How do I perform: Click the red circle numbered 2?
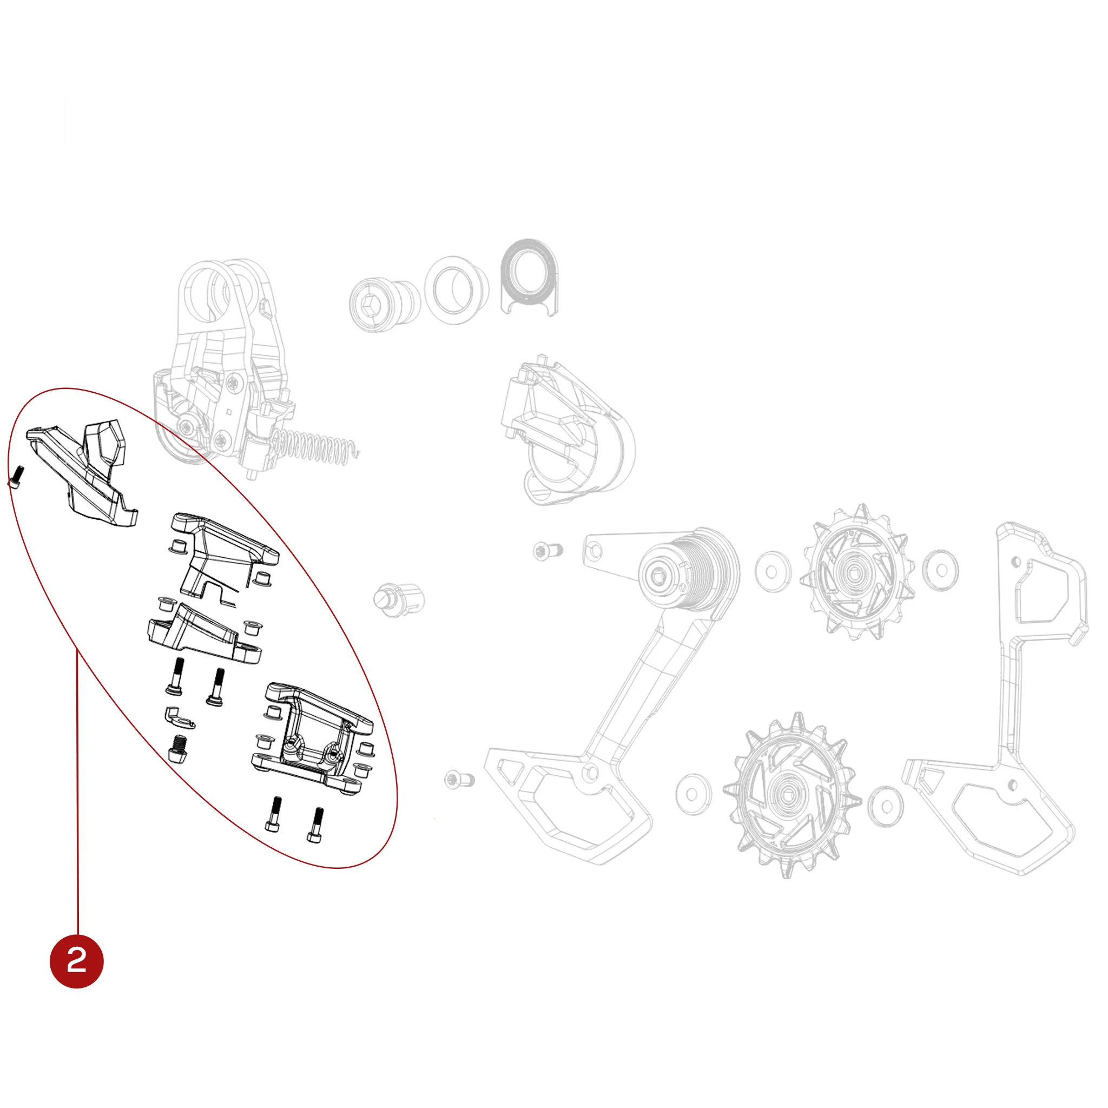pyautogui.click(x=77, y=961)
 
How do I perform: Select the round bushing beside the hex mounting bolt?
pyautogui.click(x=457, y=290)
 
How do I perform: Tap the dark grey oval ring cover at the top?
pyautogui.click(x=529, y=276)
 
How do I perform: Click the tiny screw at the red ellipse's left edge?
pyautogui.click(x=17, y=477)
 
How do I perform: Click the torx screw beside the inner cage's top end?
pyautogui.click(x=547, y=551)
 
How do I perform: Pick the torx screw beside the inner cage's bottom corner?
pyautogui.click(x=459, y=779)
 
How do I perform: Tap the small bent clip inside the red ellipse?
pyautogui.click(x=179, y=717)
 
